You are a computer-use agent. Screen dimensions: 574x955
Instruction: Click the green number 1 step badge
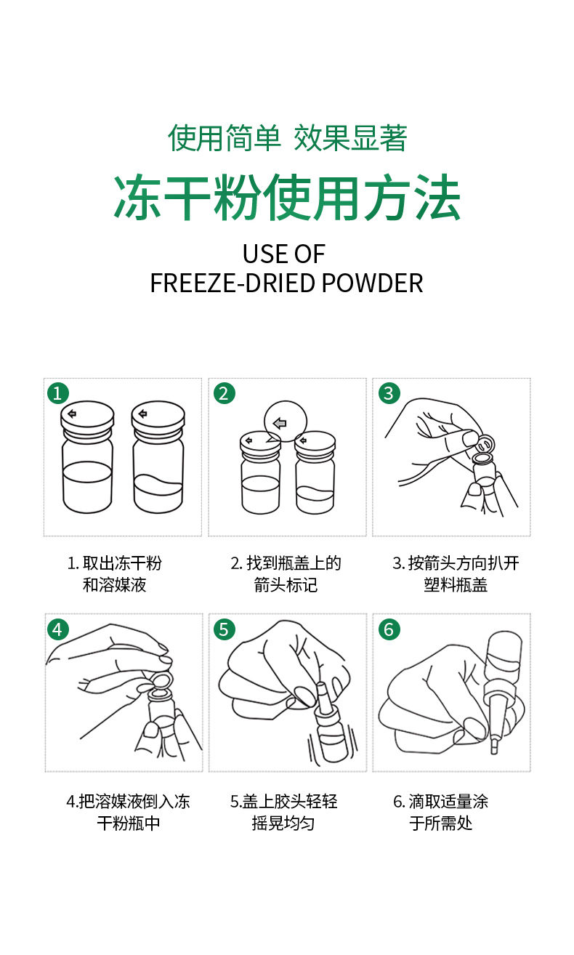pos(58,392)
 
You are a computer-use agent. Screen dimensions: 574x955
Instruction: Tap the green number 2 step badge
pos(224,392)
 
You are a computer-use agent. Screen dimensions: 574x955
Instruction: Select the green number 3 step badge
pos(389,392)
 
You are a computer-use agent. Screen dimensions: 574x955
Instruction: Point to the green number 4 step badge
pos(58,629)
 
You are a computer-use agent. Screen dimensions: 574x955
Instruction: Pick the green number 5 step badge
pos(224,629)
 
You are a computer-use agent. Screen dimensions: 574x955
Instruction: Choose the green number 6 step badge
pos(389,629)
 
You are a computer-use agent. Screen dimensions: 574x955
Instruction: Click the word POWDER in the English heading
pos(372,283)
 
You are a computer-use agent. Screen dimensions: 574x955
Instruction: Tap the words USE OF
pos(284,254)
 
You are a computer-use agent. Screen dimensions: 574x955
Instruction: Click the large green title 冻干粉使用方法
pos(287,198)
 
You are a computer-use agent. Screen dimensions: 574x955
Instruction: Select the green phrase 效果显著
pos(350,138)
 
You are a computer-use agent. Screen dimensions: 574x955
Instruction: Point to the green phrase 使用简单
pos(224,138)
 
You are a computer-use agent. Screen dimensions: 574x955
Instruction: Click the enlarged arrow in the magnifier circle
pos(280,424)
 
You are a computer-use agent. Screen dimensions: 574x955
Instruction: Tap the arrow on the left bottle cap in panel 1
pos(72,414)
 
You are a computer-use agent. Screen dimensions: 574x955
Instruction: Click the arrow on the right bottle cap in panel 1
pos(143,413)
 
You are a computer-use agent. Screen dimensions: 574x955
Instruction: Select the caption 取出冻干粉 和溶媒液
pos(115,574)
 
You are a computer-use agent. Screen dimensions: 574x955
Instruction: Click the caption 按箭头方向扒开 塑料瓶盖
pos(456,574)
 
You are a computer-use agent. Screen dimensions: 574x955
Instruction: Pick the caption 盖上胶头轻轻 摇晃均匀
pos(284,812)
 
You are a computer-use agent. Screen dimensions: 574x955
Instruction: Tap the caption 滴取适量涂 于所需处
pos(440,812)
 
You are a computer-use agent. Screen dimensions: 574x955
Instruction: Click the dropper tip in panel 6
pos(494,746)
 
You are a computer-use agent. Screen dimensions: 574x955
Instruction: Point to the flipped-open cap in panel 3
pos(486,444)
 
